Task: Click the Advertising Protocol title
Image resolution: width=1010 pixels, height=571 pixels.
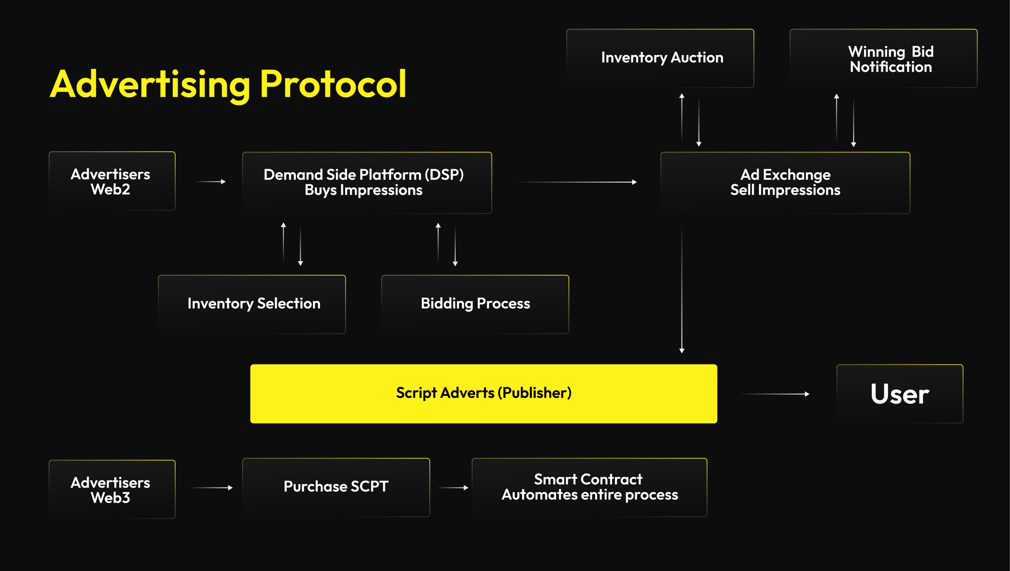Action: [228, 84]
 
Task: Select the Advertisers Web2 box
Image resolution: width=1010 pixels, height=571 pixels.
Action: [112, 181]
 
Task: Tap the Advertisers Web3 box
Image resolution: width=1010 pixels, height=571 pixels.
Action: [112, 490]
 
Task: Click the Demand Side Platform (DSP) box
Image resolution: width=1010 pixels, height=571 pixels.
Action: [367, 182]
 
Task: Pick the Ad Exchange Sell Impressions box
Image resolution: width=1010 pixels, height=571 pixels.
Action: [785, 182]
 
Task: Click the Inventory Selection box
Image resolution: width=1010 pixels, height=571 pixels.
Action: [252, 304]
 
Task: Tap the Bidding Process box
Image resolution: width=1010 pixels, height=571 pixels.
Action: [475, 304]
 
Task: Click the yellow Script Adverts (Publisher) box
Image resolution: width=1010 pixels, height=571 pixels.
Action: [483, 394]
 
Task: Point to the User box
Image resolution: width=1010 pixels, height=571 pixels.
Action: [899, 394]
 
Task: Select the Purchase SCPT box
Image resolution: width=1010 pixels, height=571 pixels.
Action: [336, 487]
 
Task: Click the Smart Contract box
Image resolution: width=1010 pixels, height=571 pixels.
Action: [589, 487]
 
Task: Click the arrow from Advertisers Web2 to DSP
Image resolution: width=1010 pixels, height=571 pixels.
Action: [210, 182]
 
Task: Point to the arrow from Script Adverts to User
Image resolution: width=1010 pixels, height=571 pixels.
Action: [773, 394]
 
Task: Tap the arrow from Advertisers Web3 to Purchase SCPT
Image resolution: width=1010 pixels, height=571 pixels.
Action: [211, 487]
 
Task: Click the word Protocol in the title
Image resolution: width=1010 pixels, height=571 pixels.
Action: [333, 84]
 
